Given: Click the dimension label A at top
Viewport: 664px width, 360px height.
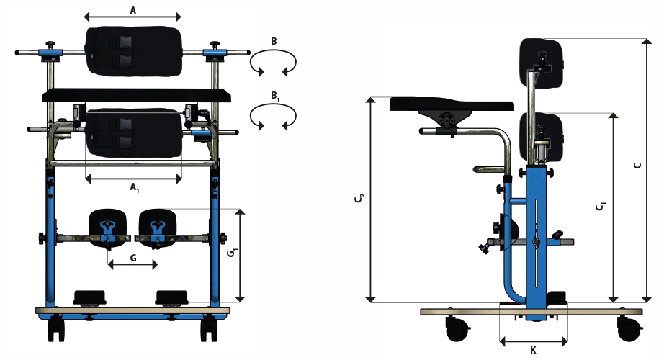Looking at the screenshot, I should coord(133,9).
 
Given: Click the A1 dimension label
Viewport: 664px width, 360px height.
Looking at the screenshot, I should coord(134,187).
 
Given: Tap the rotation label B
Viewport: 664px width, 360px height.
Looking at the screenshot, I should coord(274,42).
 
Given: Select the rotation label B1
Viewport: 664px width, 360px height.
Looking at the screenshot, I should coord(274,95).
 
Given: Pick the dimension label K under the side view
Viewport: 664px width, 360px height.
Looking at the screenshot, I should coord(533,350).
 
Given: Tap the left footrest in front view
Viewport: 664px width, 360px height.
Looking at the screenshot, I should coord(89,296).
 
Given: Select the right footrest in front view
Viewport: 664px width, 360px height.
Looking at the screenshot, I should coord(172,296).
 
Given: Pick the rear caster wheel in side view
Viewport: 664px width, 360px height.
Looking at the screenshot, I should coord(627,330).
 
